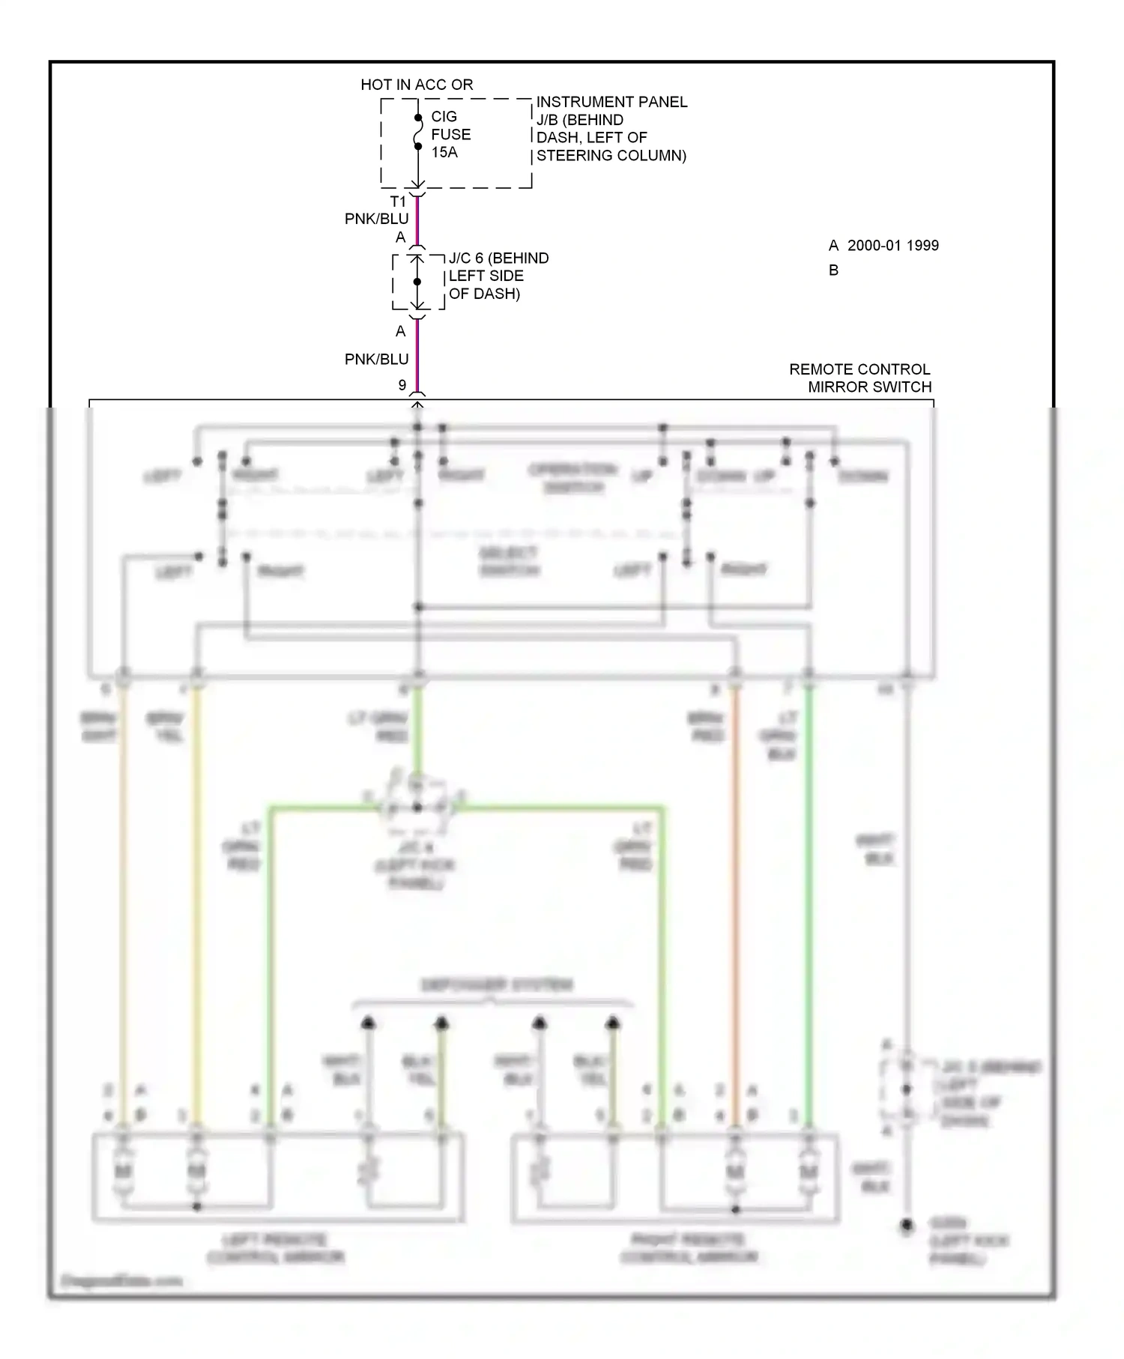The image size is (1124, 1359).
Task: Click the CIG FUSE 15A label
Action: point(450,134)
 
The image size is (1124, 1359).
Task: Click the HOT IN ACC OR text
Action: point(417,85)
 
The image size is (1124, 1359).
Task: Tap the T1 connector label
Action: point(398,202)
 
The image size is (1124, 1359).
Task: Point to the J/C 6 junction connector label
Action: point(498,276)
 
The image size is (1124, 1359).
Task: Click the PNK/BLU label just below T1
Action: point(376,219)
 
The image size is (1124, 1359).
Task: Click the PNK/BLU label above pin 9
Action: point(376,360)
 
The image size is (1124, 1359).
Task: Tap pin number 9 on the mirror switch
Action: point(402,385)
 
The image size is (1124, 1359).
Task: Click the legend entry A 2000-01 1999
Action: point(883,246)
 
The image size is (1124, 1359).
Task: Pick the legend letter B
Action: point(833,270)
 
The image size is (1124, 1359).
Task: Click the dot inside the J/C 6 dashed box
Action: point(417,282)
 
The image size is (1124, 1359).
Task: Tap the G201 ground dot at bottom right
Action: point(907,1226)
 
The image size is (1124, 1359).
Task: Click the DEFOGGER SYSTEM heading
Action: point(496,984)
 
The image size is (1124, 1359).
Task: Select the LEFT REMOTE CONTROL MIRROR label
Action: point(275,1248)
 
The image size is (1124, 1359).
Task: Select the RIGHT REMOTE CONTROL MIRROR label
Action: point(689,1248)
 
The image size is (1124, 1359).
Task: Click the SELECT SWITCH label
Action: point(508,561)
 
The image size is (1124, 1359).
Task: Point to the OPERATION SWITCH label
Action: point(572,478)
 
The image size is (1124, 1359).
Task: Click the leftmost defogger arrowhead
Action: point(368,1023)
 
